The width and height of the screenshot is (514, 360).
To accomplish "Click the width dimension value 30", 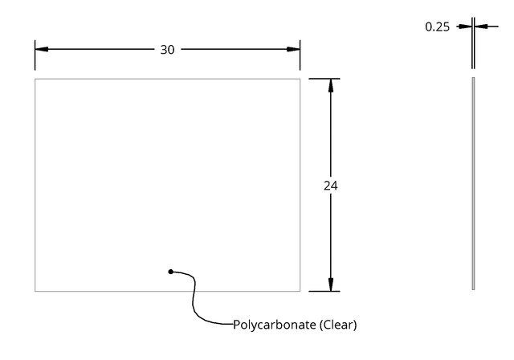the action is coord(167,50).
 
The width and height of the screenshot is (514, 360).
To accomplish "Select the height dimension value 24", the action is coord(330,186).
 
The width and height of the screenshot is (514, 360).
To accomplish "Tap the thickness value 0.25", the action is coord(437,27).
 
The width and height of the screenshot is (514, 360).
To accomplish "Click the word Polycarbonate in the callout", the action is coord(274,325).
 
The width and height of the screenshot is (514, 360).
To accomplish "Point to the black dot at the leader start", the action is coord(170,272).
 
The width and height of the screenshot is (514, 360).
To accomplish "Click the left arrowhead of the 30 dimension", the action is coord(42,49).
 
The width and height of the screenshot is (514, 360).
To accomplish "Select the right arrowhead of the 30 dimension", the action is coord(293,49).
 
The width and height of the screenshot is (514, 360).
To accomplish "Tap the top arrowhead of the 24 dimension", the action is coord(331,85).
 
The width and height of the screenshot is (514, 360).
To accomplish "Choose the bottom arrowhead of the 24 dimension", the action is coord(331,284).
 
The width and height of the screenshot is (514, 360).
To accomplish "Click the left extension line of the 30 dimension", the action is coord(35,55).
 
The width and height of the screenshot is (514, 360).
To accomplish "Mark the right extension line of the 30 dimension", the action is coord(300,55).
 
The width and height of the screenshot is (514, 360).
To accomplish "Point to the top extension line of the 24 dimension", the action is coord(324,79).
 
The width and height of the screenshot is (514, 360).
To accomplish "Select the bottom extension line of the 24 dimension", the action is coord(324,291).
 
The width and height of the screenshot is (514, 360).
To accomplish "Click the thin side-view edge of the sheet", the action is coord(473,183).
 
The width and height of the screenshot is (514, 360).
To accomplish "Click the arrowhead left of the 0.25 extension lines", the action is coord(465,27).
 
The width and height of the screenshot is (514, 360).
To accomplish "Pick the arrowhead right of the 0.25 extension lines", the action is coord(481,27).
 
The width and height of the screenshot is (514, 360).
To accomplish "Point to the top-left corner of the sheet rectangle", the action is coord(35,79).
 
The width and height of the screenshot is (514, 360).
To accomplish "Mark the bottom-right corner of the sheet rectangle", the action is coord(300,291).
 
